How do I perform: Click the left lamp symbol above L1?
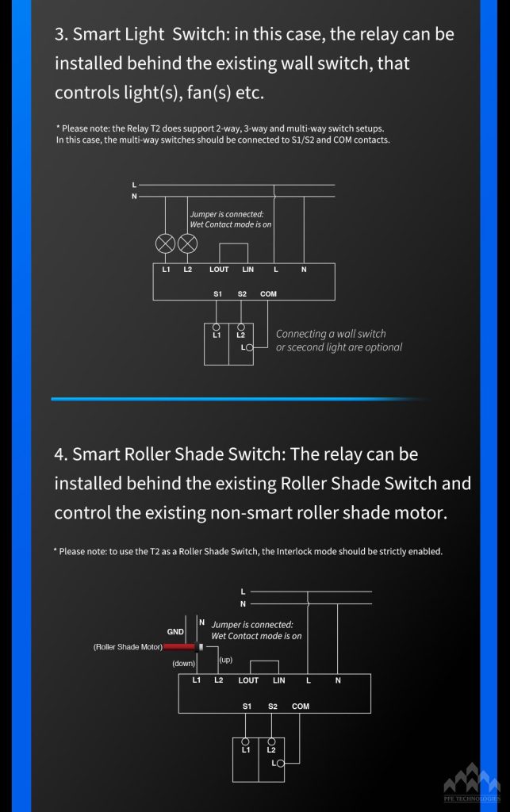165,243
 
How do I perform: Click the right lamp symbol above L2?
188,243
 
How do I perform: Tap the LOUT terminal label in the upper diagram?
219,270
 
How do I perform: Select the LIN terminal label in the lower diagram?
278,680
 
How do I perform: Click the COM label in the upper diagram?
268,293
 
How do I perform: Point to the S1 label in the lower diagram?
247,706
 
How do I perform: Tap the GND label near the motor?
175,632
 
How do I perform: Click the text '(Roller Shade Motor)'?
128,647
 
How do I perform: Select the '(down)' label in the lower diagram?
184,664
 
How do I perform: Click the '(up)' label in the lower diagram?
224,660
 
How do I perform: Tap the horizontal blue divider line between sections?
238,399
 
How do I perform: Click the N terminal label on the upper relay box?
304,270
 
